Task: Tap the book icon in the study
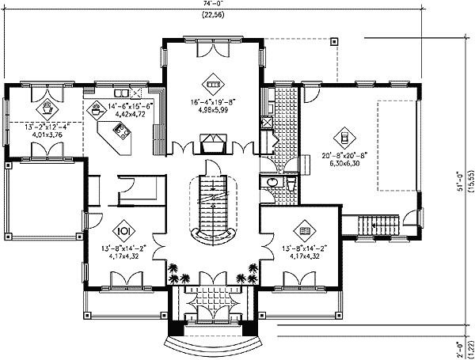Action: (x=306, y=231)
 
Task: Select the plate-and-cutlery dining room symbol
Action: (x=123, y=231)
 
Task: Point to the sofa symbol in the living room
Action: (x=212, y=80)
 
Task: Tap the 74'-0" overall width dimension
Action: (x=211, y=5)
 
